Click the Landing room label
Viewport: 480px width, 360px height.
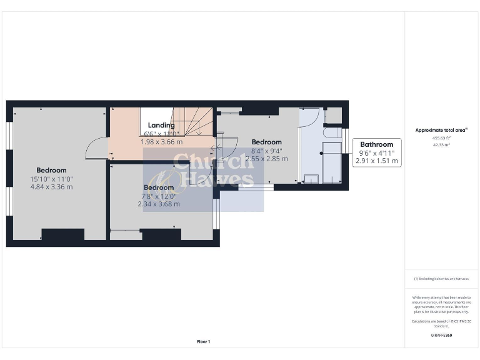(x=161, y=126)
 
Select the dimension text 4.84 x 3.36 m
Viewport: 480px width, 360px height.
(x=51, y=187)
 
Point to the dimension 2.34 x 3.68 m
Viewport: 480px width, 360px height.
(x=159, y=204)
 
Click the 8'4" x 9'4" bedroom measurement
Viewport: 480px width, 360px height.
(x=266, y=151)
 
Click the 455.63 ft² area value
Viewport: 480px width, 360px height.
(x=441, y=138)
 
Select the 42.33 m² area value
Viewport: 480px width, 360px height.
(x=441, y=144)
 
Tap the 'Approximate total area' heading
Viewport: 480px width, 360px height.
(x=441, y=130)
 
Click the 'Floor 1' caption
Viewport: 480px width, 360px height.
(x=204, y=341)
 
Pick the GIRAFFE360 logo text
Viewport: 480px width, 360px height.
(x=441, y=336)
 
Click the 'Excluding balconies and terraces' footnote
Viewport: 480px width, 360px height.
(x=441, y=278)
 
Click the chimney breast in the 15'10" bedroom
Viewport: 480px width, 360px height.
(x=62, y=235)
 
